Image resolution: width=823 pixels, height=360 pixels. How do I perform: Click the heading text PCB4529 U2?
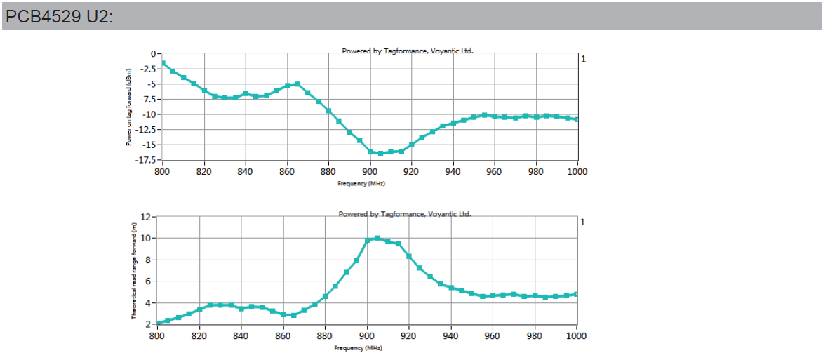click(59, 16)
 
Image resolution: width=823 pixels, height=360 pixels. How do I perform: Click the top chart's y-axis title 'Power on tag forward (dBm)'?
click(129, 107)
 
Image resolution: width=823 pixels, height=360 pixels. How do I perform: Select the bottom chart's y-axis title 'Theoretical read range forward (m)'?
click(133, 270)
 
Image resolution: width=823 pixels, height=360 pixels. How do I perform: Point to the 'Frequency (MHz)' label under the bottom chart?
click(359, 348)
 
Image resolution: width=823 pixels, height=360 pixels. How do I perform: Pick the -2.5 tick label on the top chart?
click(147, 69)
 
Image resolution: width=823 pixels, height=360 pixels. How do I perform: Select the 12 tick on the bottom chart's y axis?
click(146, 217)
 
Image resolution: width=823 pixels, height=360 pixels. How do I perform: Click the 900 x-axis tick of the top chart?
click(370, 172)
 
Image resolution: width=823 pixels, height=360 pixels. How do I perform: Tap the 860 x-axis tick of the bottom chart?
click(283, 336)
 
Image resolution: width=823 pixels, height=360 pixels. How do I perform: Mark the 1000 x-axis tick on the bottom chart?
click(576, 336)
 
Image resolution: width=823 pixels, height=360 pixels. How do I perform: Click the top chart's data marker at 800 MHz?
click(163, 63)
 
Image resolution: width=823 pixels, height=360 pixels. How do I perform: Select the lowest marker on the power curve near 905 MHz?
click(380, 153)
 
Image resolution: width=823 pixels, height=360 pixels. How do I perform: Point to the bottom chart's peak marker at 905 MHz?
click(377, 238)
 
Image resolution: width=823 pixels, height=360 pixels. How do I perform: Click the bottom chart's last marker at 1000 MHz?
click(576, 294)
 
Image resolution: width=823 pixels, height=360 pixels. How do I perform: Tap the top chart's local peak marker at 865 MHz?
click(297, 84)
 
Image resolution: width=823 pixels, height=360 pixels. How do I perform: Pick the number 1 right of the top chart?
click(583, 59)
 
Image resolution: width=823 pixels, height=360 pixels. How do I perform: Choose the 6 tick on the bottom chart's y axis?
click(148, 281)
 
